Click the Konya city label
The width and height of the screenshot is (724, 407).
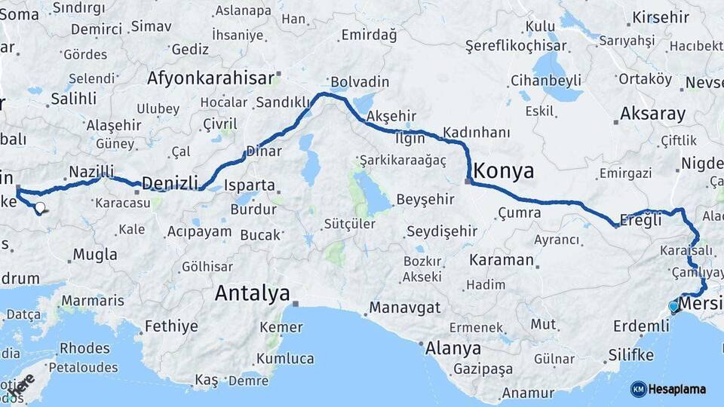(x=505, y=170)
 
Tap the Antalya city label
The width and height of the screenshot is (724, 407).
(x=252, y=293)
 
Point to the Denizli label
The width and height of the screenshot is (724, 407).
(x=170, y=183)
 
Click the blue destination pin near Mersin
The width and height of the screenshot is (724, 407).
(x=673, y=307)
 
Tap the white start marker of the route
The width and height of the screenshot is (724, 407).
(x=39, y=207)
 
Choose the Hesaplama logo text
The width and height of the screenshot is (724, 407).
(x=676, y=389)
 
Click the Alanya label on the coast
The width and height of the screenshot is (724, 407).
(x=452, y=348)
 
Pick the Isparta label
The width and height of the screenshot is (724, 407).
(x=249, y=185)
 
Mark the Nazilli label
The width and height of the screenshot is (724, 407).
(x=90, y=171)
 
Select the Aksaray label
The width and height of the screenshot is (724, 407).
(x=653, y=115)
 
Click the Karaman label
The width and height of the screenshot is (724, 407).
(x=501, y=260)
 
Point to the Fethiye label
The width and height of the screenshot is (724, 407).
(x=171, y=326)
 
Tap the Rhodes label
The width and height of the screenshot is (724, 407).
(x=84, y=348)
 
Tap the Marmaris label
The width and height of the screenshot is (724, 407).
(x=93, y=300)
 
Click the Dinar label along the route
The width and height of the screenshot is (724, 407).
(x=264, y=151)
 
